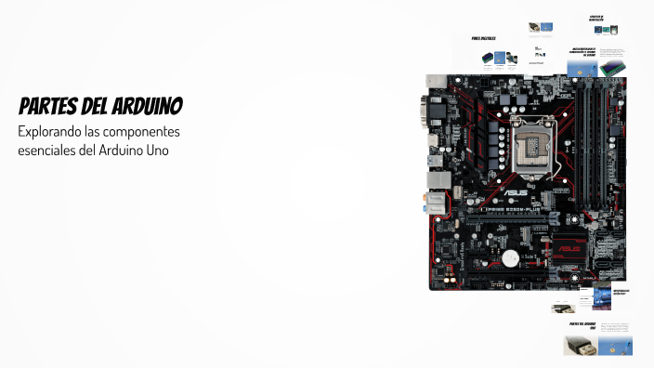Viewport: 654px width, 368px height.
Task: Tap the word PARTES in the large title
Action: click(48, 104)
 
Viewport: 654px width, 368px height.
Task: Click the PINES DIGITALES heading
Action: click(483, 39)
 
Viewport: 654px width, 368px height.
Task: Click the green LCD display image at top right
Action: click(611, 68)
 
